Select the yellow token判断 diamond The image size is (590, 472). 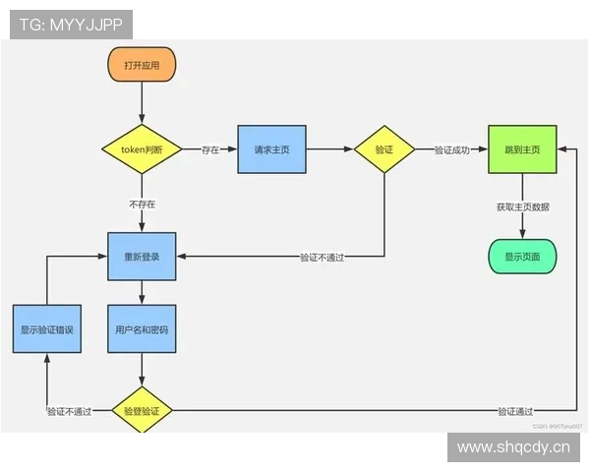[142, 149]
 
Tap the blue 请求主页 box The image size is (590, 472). [271, 149]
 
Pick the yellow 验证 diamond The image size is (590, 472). [383, 149]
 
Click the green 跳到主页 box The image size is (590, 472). [522, 149]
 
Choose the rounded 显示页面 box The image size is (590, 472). [522, 257]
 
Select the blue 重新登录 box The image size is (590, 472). [142, 257]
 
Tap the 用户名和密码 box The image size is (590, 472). [142, 330]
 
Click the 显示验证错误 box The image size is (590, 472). [47, 330]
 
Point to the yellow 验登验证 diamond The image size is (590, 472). [142, 410]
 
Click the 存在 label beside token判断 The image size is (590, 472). [210, 150]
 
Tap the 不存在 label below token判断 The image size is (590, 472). [142, 205]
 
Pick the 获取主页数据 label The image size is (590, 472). [522, 207]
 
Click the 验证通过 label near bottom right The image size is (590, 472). [515, 411]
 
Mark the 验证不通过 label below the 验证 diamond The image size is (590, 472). [328, 258]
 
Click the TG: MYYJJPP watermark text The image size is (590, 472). [71, 25]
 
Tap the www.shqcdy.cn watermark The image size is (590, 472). [513, 448]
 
